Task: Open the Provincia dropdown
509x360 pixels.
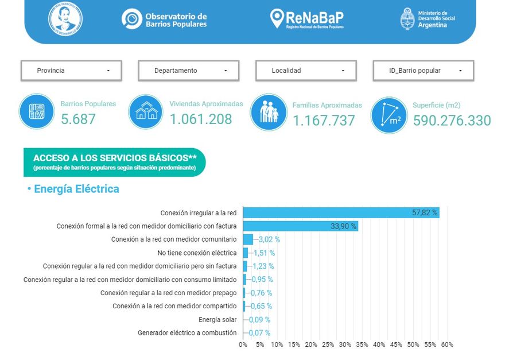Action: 71,71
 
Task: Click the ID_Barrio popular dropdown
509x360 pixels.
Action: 423,71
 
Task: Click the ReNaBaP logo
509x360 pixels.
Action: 307,19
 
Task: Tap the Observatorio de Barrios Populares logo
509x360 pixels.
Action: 165,20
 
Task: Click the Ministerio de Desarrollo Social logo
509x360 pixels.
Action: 428,20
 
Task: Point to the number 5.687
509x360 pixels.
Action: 78,119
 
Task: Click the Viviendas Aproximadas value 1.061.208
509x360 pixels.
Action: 201,119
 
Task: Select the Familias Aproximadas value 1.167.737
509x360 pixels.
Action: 324,121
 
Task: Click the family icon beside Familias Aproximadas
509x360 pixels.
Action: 269,112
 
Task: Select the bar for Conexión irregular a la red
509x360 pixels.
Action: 341,212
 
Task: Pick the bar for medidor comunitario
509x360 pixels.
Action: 248,239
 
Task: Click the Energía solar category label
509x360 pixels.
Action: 217,319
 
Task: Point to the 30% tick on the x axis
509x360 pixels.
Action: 345,344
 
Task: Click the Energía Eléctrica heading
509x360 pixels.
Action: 76,189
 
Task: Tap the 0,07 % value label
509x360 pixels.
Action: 259,333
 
